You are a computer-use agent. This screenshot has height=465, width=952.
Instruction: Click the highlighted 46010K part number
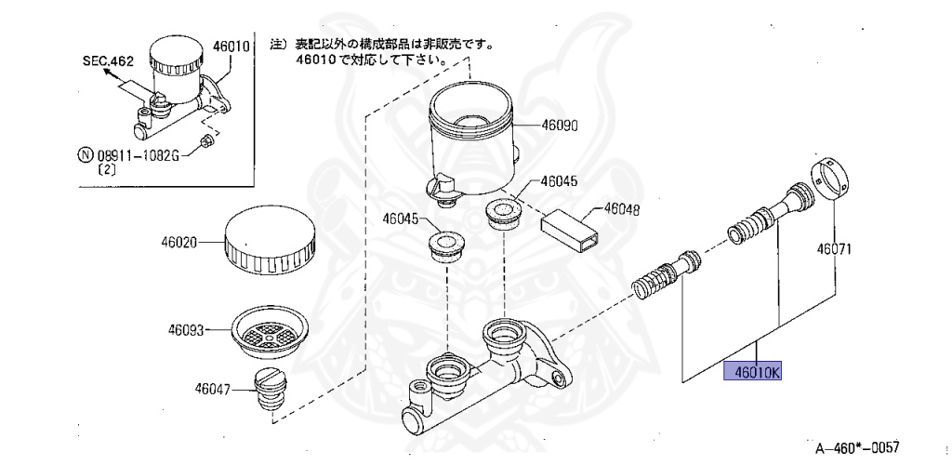point(754,372)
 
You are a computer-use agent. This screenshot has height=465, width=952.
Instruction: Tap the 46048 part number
point(622,210)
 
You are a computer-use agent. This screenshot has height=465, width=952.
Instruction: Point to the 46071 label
point(835,249)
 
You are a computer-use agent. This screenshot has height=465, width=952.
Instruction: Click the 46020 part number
point(178,241)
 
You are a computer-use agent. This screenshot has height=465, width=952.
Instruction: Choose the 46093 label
point(187,329)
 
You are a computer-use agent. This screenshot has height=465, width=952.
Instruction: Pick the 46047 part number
point(213,389)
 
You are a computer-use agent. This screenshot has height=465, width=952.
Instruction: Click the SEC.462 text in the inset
point(108,60)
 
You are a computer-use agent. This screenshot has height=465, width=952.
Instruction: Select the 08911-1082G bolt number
point(132,155)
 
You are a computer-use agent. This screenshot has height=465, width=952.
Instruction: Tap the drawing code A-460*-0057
point(858,447)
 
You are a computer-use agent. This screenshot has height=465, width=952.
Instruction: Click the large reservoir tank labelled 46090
point(469,139)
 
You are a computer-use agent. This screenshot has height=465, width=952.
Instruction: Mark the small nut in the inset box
point(207,142)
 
